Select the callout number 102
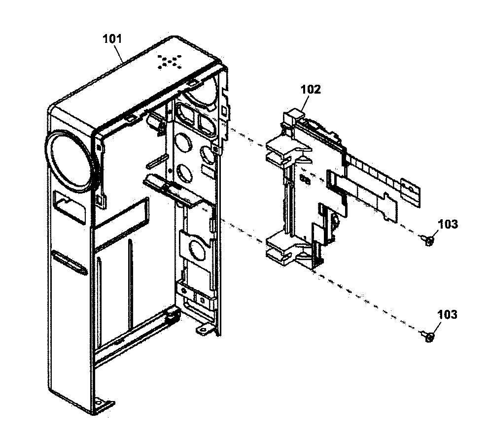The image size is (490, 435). pyautogui.click(x=311, y=89)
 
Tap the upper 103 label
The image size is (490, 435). pyautogui.click(x=447, y=225)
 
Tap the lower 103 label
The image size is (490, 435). pyautogui.click(x=447, y=314)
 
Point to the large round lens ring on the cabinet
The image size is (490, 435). pyautogui.click(x=70, y=160)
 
